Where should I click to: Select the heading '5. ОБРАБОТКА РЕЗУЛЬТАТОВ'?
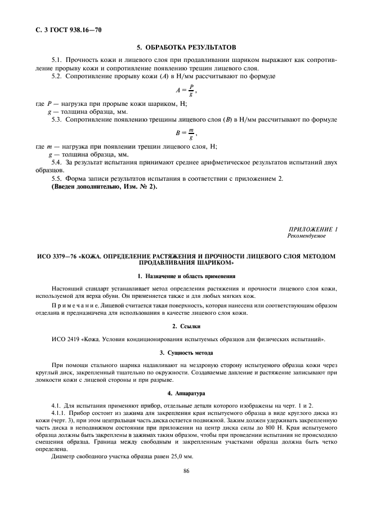tap(186, 47)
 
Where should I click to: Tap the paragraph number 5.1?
tap(57, 60)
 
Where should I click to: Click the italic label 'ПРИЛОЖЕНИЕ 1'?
tap(312, 230)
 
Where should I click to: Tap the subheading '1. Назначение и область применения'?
tap(186, 276)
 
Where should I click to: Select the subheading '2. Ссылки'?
tap(186, 327)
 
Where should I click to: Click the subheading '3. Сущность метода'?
tap(186, 352)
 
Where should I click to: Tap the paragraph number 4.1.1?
tap(60, 413)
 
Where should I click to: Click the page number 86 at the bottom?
tap(185, 472)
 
